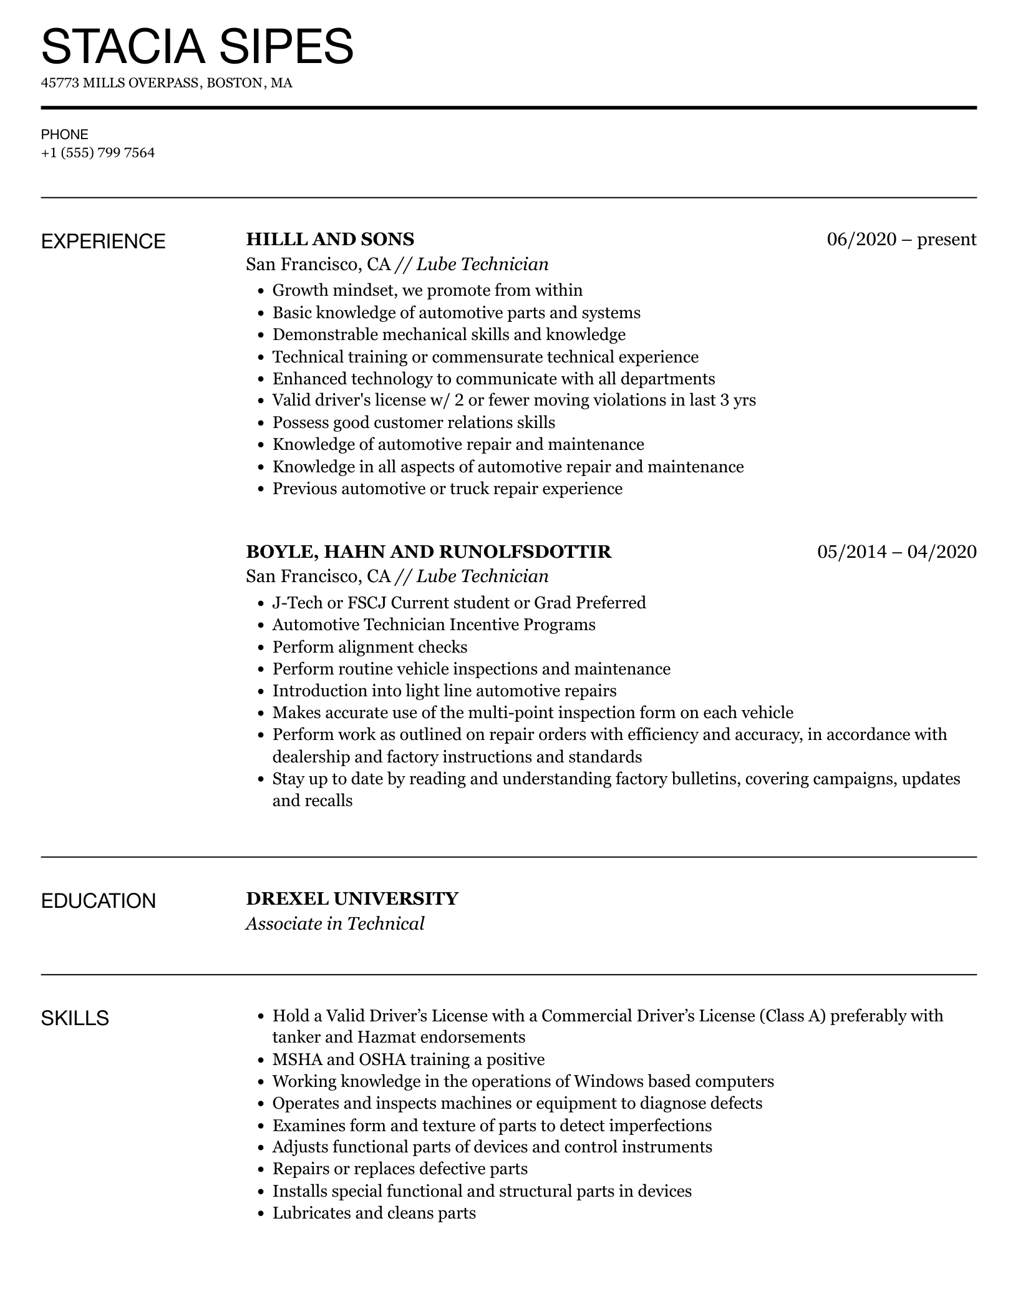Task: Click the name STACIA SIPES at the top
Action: coord(197,46)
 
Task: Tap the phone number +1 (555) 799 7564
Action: coord(98,153)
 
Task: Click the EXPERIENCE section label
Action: coord(103,241)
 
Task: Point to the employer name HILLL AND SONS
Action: coord(330,239)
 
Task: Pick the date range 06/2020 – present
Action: coord(901,239)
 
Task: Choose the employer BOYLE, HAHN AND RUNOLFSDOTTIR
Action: coord(429,552)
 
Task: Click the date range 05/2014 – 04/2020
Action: coord(896,552)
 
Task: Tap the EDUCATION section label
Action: coord(98,901)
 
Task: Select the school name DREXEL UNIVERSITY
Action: coord(352,898)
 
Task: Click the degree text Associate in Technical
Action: coord(335,923)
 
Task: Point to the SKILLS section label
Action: coord(75,1018)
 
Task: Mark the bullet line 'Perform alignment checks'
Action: coord(369,647)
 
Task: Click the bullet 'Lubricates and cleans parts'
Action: coord(374,1213)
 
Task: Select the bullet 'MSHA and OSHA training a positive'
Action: coord(408,1059)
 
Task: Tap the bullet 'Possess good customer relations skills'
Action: coord(413,422)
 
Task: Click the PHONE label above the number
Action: coord(65,134)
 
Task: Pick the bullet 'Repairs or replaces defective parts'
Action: coord(400,1169)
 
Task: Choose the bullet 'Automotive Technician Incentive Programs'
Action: coord(434,625)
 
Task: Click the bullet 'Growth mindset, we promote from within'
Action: coord(427,290)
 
